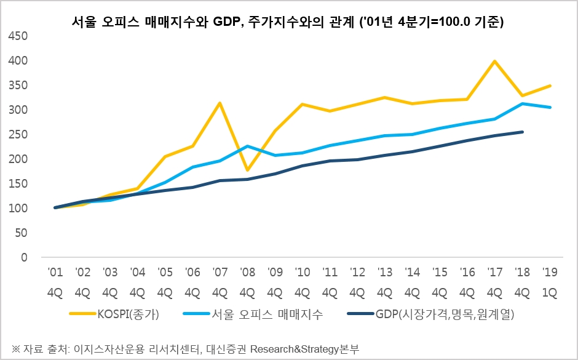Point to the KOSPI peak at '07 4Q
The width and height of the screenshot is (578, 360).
coord(220,103)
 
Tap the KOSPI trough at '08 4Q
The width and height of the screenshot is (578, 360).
coord(247,170)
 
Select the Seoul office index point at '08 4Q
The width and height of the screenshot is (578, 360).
coord(247,146)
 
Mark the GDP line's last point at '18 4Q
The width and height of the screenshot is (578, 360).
coord(523,132)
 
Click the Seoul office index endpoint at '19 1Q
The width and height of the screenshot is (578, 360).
coord(550,107)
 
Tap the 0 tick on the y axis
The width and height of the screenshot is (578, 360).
coord(25,257)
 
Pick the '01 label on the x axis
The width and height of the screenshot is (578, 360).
coord(55,272)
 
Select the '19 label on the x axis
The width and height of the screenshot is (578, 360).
coord(550,272)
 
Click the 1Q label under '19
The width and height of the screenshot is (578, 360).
coord(550,292)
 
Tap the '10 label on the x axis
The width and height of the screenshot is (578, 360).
coord(303,272)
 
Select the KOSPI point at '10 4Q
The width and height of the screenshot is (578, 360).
coord(303,105)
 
